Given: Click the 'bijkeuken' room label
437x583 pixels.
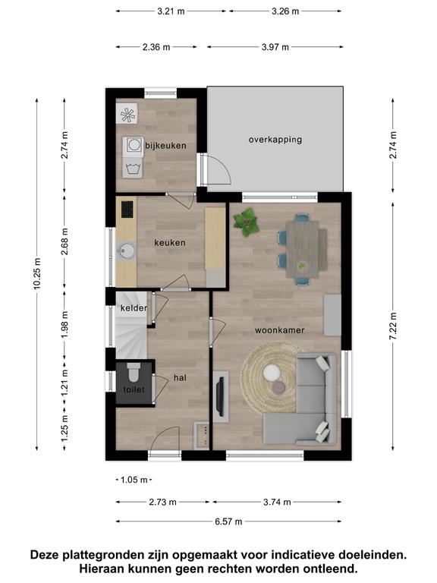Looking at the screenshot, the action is point(165,146).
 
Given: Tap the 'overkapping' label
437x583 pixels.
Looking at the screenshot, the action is point(275,140).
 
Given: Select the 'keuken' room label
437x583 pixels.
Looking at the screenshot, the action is point(170,243).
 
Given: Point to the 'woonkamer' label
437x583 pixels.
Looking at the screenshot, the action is point(279,330).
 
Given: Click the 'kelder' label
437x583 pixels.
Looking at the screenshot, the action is point(134,308).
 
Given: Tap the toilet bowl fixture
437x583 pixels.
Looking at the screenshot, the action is point(134,373).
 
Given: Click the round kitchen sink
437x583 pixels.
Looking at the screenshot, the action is point(127,251).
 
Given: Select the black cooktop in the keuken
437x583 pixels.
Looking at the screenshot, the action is point(127,210).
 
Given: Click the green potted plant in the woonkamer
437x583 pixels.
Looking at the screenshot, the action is point(246,222).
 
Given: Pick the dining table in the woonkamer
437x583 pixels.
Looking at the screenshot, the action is point(303,249).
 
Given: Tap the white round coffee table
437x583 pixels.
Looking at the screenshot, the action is point(272,373).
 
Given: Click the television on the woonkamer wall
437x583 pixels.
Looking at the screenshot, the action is point(220,396).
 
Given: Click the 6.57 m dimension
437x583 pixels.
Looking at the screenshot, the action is point(228,522).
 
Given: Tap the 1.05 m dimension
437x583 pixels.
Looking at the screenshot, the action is point(134,480).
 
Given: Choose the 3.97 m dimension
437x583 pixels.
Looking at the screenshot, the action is point(275,47).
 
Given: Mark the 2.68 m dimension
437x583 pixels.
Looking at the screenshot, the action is point(64,241).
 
